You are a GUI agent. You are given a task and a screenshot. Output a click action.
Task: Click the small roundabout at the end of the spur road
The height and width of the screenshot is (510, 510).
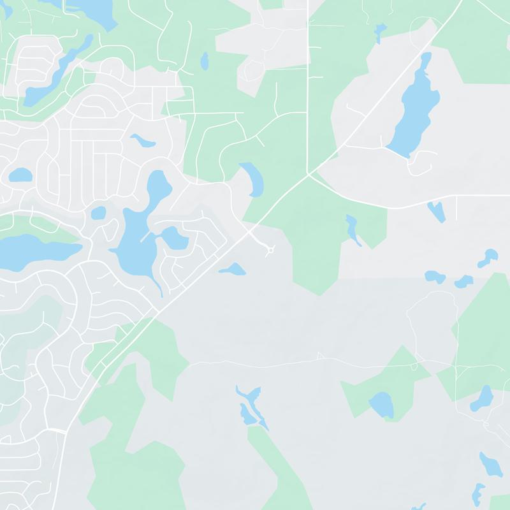coord(270,251)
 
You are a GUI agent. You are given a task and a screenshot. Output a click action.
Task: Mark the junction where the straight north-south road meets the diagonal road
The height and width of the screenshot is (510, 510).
coord(308,173)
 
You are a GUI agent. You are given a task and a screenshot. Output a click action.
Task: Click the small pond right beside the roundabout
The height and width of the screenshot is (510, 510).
coord(233,270)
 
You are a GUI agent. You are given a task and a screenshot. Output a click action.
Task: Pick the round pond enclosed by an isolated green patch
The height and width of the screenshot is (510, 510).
coord(381,404)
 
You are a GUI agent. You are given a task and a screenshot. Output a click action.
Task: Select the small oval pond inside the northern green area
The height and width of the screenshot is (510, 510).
coord(205,61)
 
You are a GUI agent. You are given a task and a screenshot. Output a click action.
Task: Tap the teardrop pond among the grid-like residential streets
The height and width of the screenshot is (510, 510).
coord(142,140)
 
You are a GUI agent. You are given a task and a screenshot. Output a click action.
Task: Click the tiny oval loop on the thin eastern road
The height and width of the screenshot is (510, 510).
coord(415,366)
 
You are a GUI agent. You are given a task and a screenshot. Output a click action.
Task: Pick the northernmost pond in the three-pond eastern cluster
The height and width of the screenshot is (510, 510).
coord(488,256)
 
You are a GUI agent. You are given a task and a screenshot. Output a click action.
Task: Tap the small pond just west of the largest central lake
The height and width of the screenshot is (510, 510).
coord(98,213)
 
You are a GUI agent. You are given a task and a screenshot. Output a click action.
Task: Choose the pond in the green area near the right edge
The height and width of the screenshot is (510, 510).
coord(483,398)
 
